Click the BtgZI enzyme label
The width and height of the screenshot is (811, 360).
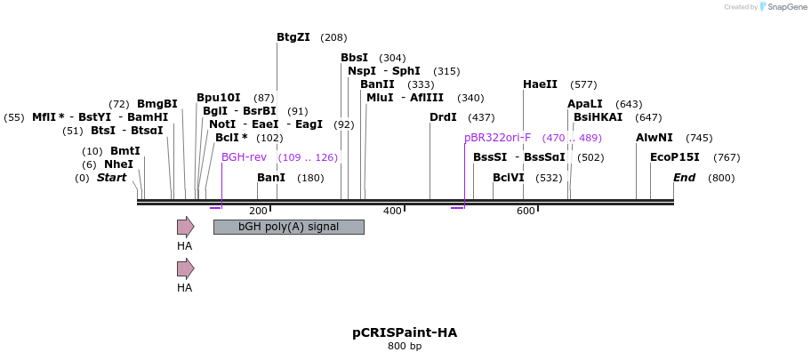coord(293,37)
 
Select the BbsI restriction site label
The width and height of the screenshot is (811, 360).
coord(354,58)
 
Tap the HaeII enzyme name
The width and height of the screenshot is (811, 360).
coord(540,84)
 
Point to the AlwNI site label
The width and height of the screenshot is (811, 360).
coord(654,138)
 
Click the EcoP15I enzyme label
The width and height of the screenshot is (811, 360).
coord(675,157)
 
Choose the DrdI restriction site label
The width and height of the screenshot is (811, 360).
coord(443,117)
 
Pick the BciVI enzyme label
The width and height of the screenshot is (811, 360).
coord(509,178)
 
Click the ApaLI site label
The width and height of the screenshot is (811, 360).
coord(585,104)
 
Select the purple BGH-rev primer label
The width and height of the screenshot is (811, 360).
coord(244,157)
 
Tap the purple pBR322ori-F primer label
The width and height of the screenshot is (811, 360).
coord(497,138)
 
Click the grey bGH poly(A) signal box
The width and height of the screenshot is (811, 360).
coord(288,227)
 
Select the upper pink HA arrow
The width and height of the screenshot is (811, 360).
coord(185,227)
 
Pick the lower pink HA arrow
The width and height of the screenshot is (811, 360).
coord(185,268)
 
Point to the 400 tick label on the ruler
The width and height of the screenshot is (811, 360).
coord(392,212)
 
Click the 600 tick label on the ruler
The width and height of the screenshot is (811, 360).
coord(526,212)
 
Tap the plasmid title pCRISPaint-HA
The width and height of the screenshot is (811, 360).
coord(405,332)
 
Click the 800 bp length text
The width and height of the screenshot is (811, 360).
coord(405,346)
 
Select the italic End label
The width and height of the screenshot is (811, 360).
coord(684,178)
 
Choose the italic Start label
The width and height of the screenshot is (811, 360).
coord(112,178)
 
